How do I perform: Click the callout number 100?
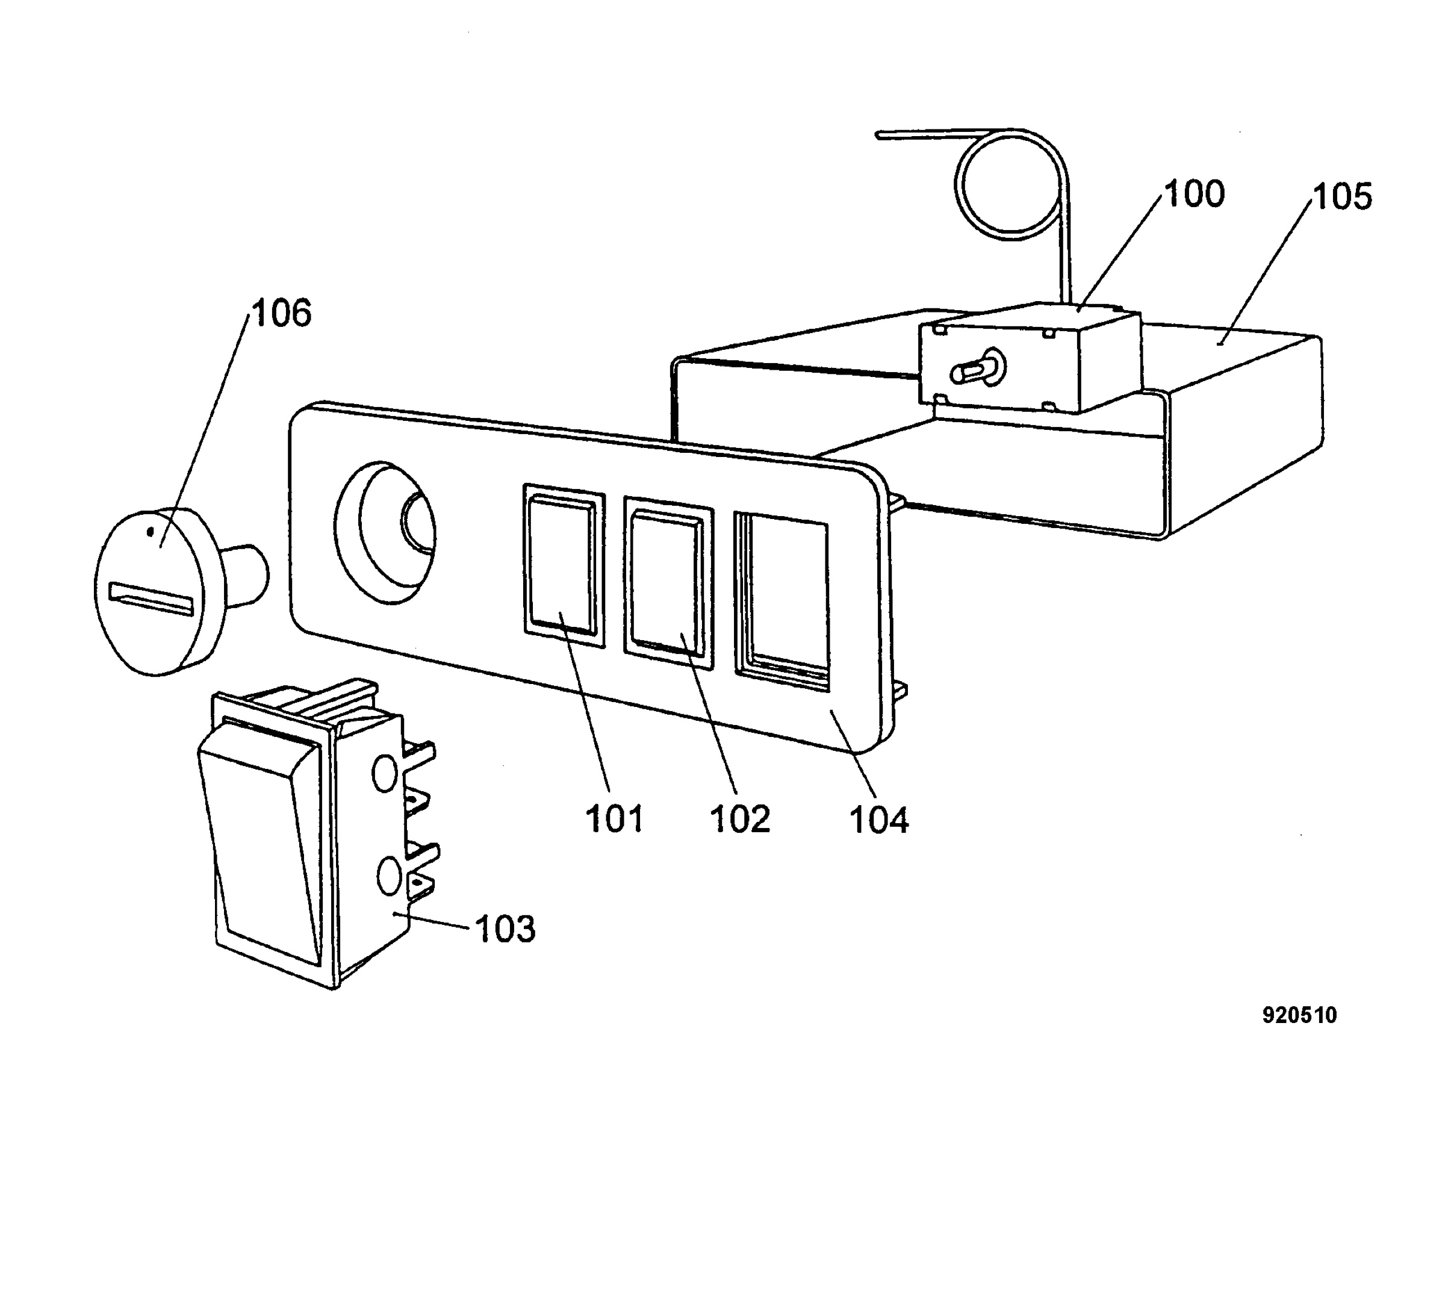tap(1195, 194)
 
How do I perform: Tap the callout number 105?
tap(1343, 196)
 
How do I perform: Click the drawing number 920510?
tap(1299, 1015)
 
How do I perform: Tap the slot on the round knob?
tap(151, 598)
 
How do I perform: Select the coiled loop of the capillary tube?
tap(1011, 184)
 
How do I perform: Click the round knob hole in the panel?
tap(385, 533)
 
